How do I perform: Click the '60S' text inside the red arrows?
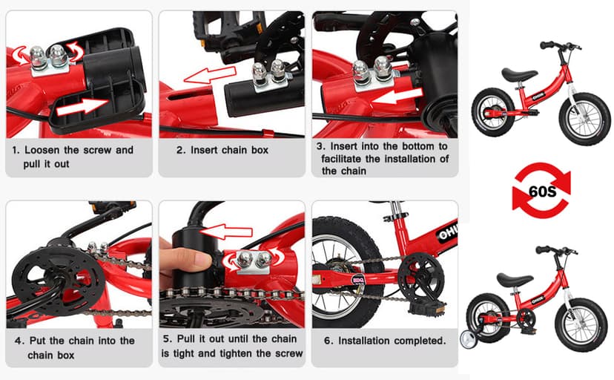tap(541, 189)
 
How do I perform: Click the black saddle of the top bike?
tap(518, 73)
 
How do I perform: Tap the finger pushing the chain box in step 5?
tap(181, 260)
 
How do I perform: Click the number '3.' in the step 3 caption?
tap(321, 146)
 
